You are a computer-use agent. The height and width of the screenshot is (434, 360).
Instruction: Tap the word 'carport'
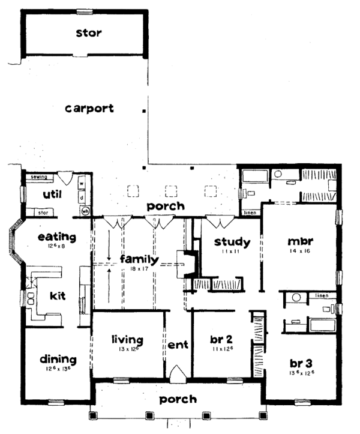point(89,109)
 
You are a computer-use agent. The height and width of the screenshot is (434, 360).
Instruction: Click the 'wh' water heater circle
point(85,211)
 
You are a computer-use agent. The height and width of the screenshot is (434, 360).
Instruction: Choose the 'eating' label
point(57,237)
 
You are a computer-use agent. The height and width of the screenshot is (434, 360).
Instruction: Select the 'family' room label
point(139,260)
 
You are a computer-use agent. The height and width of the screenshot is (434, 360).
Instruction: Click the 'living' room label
point(127,340)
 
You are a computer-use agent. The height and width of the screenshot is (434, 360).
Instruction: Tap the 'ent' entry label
point(178,345)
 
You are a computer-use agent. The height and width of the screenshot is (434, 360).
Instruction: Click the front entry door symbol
point(178,375)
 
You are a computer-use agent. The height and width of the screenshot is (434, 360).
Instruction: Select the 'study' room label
point(232,243)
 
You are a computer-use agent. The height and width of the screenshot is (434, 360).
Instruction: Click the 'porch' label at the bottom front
point(178,399)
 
